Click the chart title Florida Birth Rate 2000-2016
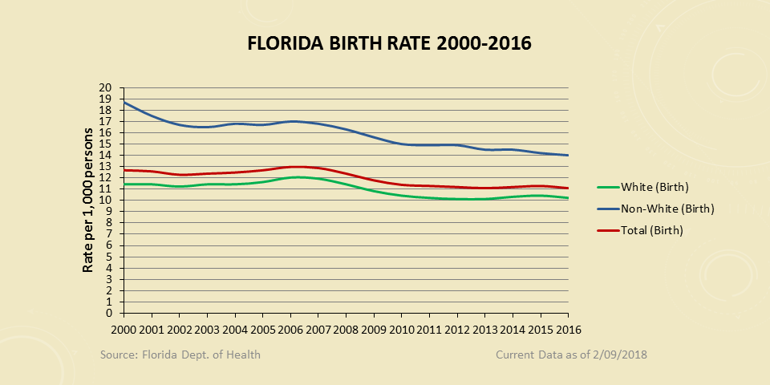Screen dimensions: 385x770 pos(389,43)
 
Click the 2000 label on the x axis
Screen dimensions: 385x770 pos(124,330)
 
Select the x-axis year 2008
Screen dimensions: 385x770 pos(346,330)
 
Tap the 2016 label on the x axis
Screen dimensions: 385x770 pos(568,330)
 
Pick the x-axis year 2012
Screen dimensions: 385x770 pos(457,330)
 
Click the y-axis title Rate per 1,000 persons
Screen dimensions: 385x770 pos(88,201)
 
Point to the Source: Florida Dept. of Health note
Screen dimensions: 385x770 pos(180,355)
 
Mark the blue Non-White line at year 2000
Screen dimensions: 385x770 pos(124,103)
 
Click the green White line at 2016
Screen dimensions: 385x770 pos(568,198)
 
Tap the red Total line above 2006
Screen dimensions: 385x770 pos(291,167)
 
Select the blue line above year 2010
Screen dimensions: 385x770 pos(402,144)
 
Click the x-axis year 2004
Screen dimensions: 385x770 pos(235,330)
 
